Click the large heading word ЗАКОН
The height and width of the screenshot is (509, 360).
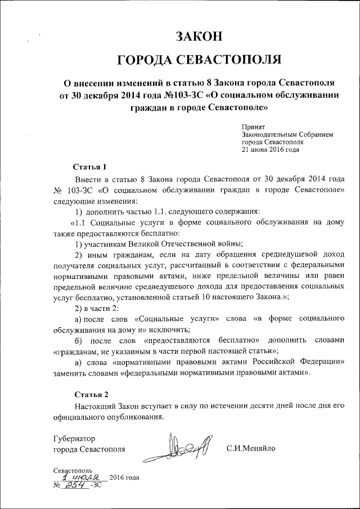pyautogui.click(x=200, y=37)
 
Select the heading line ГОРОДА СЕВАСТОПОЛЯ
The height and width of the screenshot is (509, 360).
pyautogui.click(x=200, y=60)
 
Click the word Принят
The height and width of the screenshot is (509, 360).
pyautogui.click(x=253, y=128)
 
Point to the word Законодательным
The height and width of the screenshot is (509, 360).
pyautogui.click(x=268, y=136)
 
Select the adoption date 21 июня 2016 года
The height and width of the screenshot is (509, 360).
pyautogui.click(x=270, y=150)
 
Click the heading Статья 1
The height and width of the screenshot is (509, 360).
pyautogui.click(x=89, y=167)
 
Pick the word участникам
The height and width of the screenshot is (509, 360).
pyautogui.click(x=103, y=244)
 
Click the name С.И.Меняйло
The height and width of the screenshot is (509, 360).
pyautogui.click(x=251, y=449)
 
